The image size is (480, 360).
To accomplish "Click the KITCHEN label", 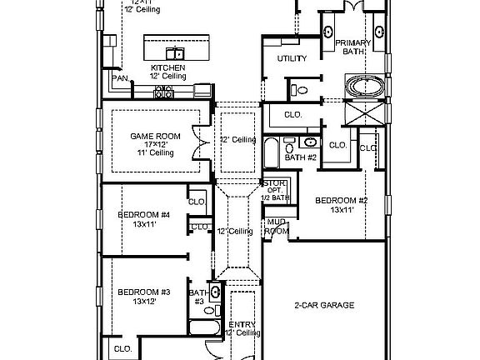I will (167, 67).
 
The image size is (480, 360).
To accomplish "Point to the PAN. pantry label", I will (119, 79).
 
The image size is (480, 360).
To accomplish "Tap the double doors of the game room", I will (197, 142).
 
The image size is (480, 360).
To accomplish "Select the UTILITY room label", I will (292, 58).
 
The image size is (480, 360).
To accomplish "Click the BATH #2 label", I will (299, 157).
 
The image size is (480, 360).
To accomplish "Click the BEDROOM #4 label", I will (143, 219).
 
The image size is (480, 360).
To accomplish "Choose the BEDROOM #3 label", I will (143, 296).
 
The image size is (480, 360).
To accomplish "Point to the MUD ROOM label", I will (276, 226).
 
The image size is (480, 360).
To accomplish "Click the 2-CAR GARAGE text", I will (324, 305).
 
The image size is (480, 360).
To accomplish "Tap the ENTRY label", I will (237, 324).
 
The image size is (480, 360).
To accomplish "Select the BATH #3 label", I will (197, 297).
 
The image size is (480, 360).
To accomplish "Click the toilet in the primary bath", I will (302, 88).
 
